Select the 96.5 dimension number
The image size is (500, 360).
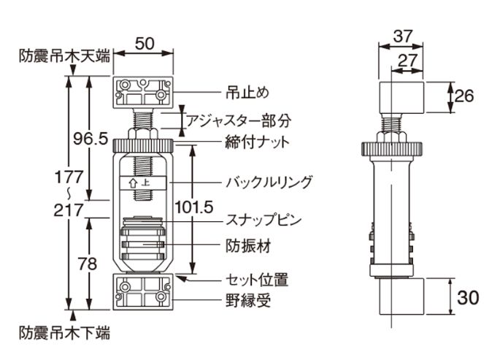pyautogui.click(x=89, y=138)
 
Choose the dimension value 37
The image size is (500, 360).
pyautogui.click(x=402, y=35)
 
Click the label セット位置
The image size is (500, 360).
pyautogui.click(x=255, y=279)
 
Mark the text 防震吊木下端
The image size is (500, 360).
pyautogui.click(x=64, y=333)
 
